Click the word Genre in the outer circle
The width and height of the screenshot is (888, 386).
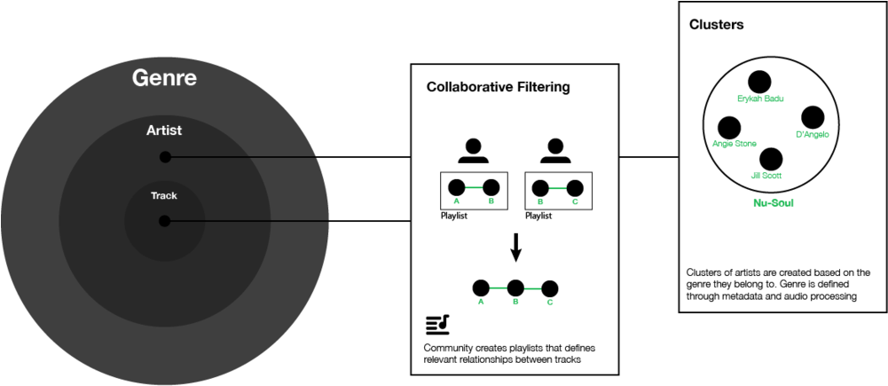click(164, 78)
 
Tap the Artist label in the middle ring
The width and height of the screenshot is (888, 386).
click(164, 130)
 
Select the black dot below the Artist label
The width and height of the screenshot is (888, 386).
click(165, 157)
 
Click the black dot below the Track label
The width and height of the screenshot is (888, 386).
click(164, 220)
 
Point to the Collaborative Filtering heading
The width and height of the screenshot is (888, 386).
click(498, 87)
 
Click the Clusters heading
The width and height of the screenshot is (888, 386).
click(717, 25)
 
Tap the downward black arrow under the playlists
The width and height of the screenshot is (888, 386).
click(515, 248)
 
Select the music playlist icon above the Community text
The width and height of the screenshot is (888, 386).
click(437, 326)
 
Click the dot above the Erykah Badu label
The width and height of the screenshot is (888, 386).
click(759, 83)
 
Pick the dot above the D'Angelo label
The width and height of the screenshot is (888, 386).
click(813, 117)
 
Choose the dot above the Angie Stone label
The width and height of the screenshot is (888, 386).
click(729, 128)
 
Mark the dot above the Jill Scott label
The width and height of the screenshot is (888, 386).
click(771, 159)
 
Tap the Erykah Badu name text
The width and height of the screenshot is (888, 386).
click(760, 98)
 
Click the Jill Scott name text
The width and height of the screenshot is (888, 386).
click(766, 176)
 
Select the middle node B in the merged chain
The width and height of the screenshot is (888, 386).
click(515, 288)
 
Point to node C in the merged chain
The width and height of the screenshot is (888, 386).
click(549, 288)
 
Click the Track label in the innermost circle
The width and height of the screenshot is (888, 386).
click(164, 196)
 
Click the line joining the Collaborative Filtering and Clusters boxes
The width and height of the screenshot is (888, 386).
click(649, 157)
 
